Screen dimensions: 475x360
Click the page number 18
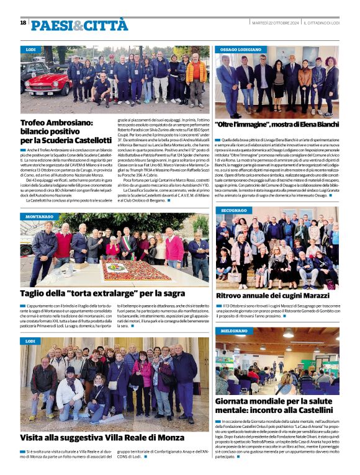coord(23,23)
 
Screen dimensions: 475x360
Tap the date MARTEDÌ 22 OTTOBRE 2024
coord(275,22)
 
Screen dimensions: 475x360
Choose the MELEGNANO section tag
coord(234,331)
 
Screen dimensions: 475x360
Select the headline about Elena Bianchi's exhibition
coord(277,125)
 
